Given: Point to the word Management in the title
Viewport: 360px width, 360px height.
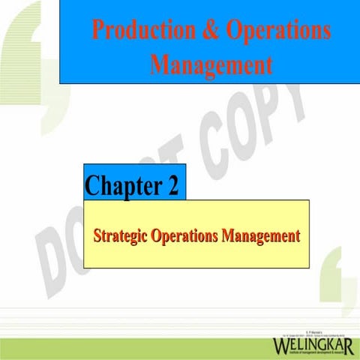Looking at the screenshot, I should [x=211, y=64].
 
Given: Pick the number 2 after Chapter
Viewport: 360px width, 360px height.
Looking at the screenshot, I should [x=172, y=185].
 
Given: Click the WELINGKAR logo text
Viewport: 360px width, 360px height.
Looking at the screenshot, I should [x=314, y=345].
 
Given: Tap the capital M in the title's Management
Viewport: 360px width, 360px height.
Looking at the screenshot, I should [x=160, y=64].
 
